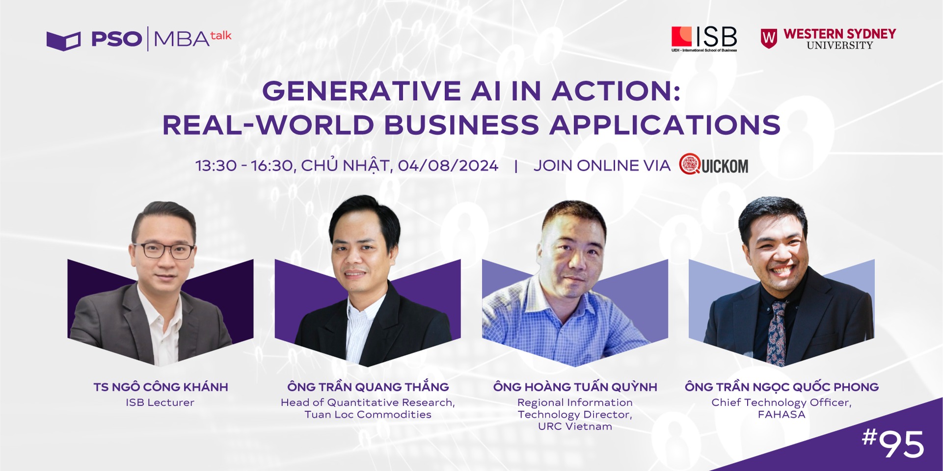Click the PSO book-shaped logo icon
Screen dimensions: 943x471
click(x=63, y=41)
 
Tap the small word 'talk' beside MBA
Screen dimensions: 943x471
click(x=221, y=35)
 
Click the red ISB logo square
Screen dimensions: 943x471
click(x=681, y=36)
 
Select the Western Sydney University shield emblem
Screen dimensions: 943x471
click(x=769, y=38)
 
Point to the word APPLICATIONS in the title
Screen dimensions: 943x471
click(x=665, y=125)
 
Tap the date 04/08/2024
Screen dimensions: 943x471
click(x=448, y=166)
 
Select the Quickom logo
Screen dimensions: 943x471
click(x=714, y=165)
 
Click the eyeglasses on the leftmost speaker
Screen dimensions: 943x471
click(x=163, y=250)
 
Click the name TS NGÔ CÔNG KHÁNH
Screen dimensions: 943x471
click(x=161, y=387)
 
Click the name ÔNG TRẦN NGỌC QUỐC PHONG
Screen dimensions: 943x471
click(x=782, y=387)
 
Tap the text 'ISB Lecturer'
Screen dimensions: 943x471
click(x=160, y=402)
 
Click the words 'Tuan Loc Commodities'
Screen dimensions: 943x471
click(x=368, y=415)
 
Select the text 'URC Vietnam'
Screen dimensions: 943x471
click(x=575, y=426)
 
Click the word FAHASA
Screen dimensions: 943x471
click(x=781, y=415)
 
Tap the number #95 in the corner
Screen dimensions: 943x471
click(x=893, y=443)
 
